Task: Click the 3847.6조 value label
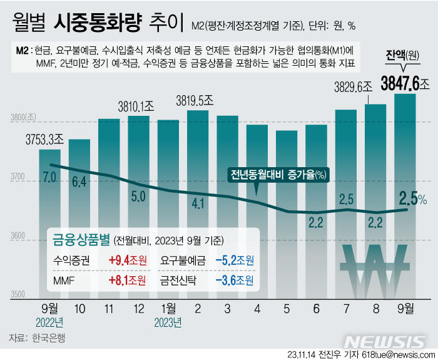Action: point(397,83)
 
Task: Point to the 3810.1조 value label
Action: point(128,105)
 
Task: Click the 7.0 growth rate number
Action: point(49,177)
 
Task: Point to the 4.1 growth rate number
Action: point(198,203)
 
